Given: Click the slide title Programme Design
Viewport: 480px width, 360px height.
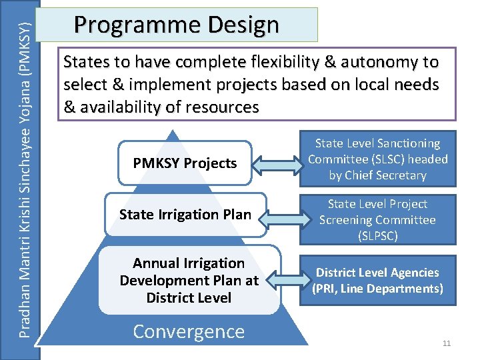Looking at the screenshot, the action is click(x=177, y=25).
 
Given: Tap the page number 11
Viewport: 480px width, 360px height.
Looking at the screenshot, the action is click(x=447, y=343).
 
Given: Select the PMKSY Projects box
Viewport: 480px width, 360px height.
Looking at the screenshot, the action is click(x=185, y=163).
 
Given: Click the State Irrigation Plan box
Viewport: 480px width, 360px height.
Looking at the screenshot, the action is click(x=185, y=215).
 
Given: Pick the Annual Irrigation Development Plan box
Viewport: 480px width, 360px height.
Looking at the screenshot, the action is click(x=189, y=281).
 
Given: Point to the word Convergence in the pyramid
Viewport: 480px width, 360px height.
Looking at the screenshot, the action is click(x=189, y=331).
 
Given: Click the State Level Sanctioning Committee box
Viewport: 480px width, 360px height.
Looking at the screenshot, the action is click(x=377, y=159).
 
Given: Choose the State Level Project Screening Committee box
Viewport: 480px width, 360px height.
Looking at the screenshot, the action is click(x=377, y=219).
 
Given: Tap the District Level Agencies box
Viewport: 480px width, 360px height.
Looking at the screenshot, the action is click(x=377, y=280).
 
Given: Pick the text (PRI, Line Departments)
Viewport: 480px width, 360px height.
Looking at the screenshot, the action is click(x=377, y=289).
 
